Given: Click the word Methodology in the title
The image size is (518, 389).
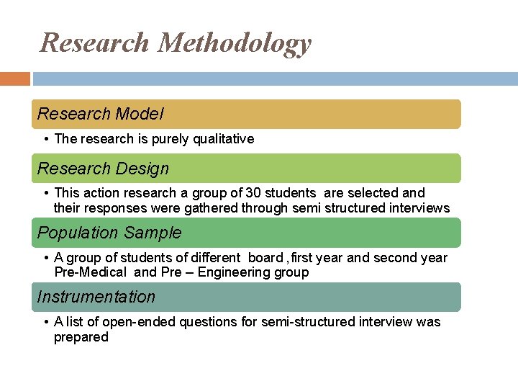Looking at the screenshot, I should (235, 43).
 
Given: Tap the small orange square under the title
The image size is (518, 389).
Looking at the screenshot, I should (14, 79).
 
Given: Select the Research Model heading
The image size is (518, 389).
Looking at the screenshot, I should (101, 114).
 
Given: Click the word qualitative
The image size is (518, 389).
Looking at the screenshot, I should (224, 139).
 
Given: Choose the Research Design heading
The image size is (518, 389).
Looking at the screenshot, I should (103, 169).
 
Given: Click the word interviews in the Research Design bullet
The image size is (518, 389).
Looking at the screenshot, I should (419, 208).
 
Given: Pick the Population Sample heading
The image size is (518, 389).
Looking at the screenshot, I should (109, 233).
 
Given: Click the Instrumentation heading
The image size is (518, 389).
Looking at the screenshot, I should (96, 297).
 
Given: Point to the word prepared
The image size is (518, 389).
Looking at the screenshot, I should (81, 337).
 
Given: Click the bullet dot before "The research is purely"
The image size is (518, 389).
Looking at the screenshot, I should (45, 139).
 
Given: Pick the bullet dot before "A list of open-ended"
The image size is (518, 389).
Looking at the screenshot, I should (45, 322).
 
